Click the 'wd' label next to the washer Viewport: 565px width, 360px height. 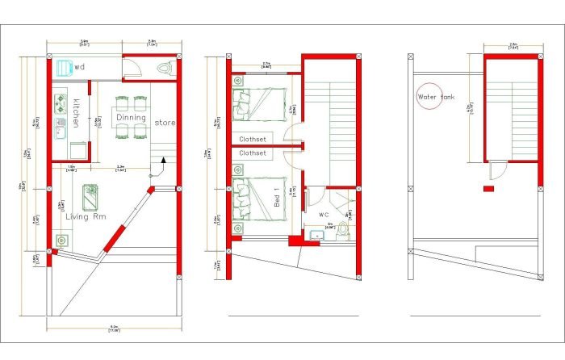pos(80,67)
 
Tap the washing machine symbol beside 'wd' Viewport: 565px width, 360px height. pos(64,66)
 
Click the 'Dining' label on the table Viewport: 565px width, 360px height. pos(131,118)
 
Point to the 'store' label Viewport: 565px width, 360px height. pos(165,123)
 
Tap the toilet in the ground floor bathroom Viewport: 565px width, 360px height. pos(165,69)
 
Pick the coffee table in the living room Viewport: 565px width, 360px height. pos(90,194)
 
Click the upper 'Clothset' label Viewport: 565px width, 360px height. pos(253,139)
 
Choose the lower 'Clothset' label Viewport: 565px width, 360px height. pos(253,153)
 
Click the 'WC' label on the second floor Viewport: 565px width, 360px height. pos(323,215)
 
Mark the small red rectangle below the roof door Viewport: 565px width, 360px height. pos(488,189)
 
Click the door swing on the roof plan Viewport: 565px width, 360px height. pos(497,170)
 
